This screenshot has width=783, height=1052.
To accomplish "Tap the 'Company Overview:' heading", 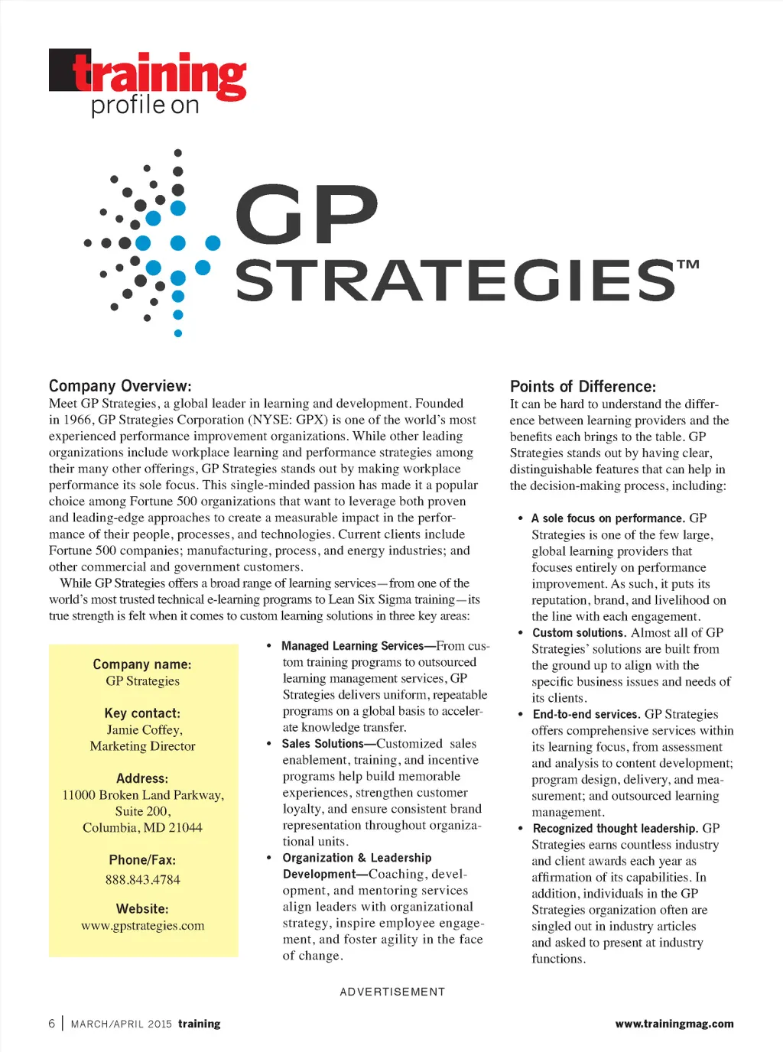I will pos(120,386).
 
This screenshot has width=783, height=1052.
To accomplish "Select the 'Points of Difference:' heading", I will pos(583,387).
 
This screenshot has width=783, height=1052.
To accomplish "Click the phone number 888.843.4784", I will pos(143,880).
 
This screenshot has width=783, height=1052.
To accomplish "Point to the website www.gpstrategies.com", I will pos(143,926).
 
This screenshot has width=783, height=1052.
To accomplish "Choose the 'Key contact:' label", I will pos(143,713).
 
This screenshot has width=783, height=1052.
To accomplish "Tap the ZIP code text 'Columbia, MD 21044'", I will pos(143,828).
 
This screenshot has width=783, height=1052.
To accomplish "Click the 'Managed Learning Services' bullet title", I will pos(352,646).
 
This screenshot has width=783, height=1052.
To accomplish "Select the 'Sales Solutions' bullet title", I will pos(323,744).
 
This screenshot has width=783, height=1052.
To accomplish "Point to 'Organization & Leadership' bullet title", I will pos(357,858).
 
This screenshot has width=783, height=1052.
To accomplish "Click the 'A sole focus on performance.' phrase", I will pos(608,518).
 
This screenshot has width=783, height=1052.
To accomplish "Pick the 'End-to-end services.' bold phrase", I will pos(586,715).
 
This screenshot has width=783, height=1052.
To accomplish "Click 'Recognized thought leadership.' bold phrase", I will pos(616,829).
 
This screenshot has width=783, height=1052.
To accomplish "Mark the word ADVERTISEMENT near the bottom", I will pos(392,992).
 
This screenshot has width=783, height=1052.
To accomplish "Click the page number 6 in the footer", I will pos(52,1024).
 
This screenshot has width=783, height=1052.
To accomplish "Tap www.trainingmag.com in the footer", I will pos(674,1024).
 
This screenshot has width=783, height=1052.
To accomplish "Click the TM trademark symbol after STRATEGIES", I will pos(688,265).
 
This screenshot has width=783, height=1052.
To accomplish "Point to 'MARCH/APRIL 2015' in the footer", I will pos(122,1024).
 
